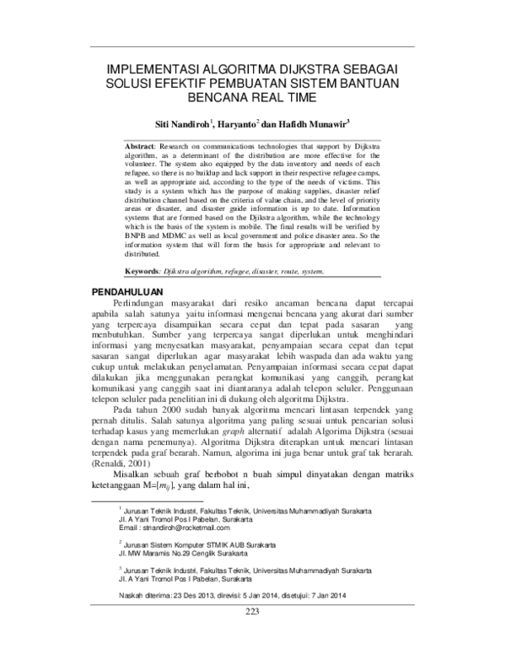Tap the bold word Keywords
coord(142,272)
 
